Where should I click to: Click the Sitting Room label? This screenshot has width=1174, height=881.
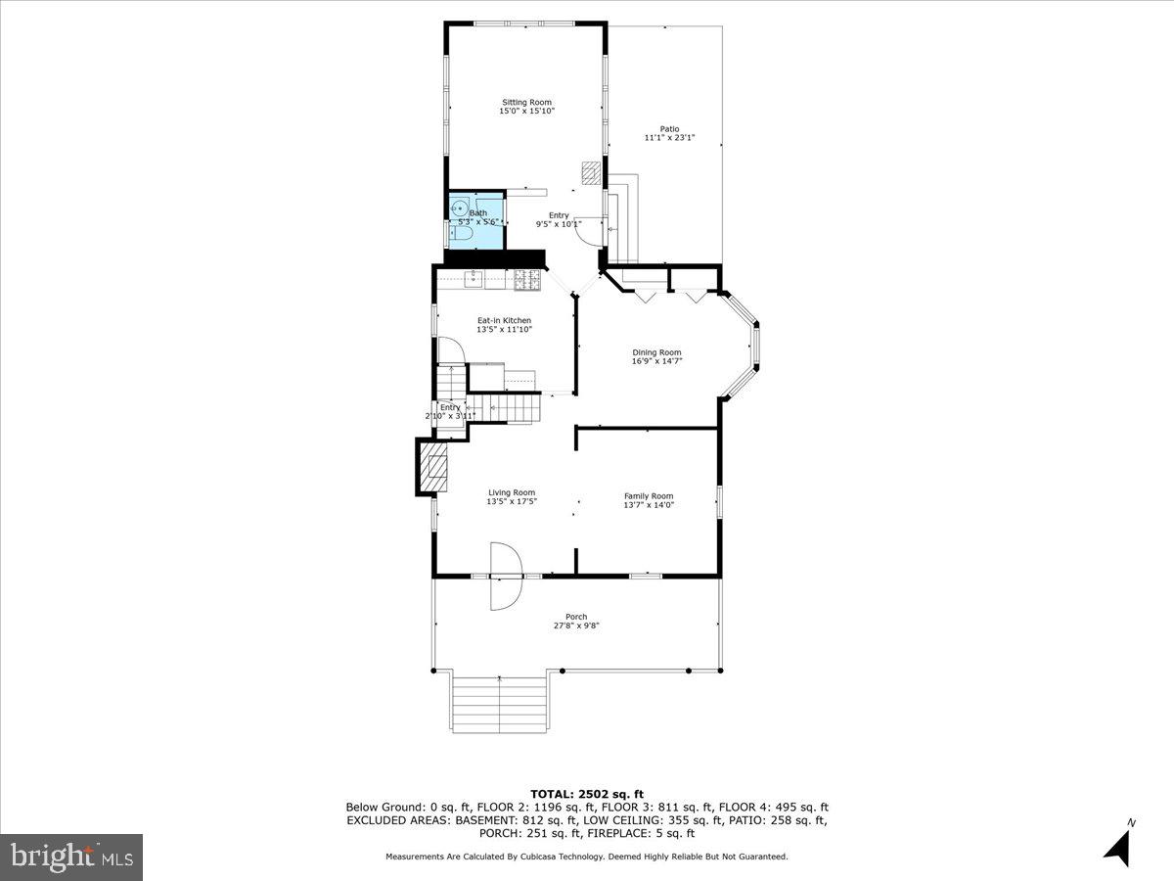526,102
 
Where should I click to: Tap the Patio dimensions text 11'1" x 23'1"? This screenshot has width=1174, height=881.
669,138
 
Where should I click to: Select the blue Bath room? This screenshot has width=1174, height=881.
476,220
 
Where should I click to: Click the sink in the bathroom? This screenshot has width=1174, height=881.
459,209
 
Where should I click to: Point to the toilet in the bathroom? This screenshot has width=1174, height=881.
462,234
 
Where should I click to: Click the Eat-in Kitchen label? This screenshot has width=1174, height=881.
504,320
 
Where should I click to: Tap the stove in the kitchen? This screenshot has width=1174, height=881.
527,279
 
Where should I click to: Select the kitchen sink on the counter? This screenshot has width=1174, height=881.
474,279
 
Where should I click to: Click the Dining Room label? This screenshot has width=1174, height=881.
656,352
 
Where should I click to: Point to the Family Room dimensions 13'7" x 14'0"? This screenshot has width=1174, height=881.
649,506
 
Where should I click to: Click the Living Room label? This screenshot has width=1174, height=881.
512,492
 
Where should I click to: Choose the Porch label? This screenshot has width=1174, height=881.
576,617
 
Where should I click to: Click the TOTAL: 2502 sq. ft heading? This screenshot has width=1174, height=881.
586,794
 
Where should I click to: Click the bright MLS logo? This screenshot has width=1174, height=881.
70,858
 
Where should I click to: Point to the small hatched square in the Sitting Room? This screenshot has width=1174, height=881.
590,173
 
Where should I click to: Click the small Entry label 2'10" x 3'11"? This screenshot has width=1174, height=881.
450,411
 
